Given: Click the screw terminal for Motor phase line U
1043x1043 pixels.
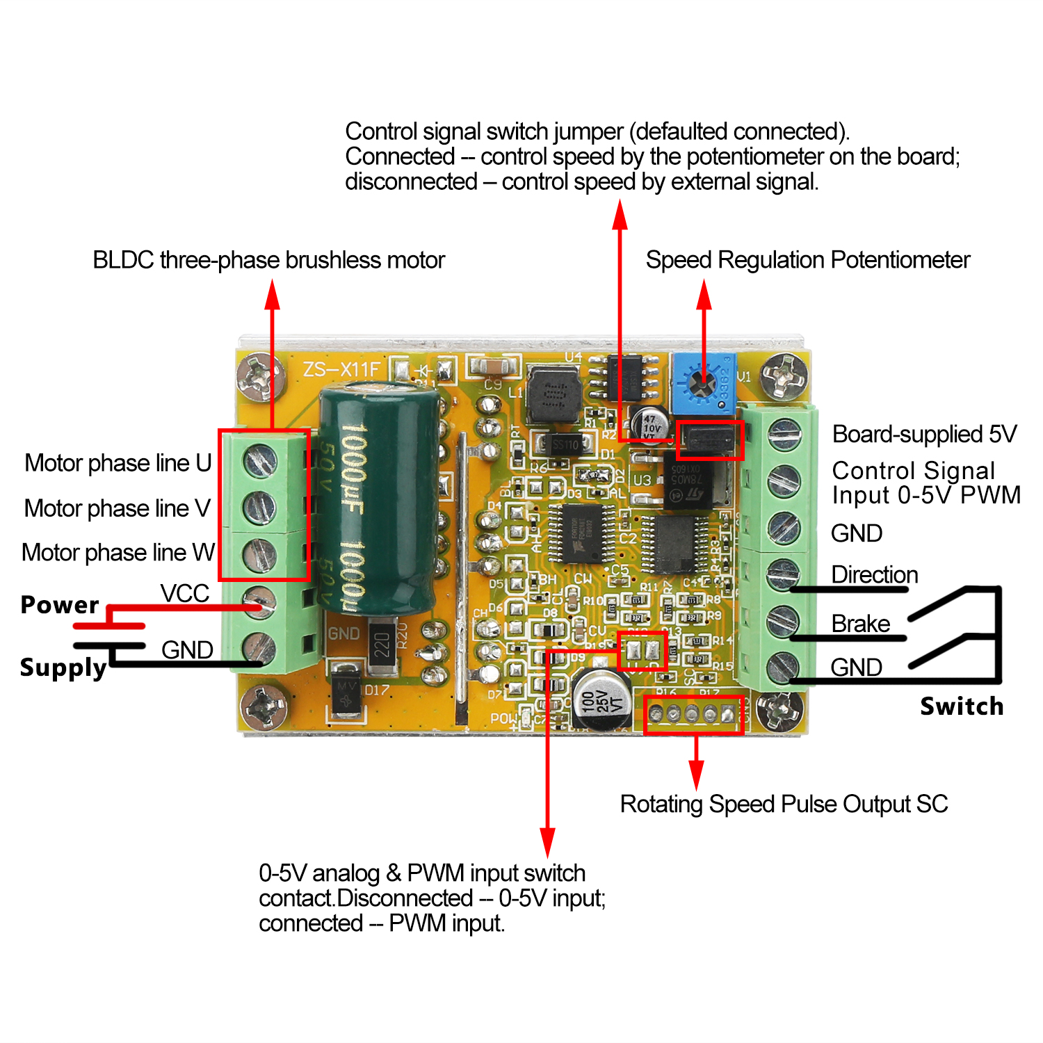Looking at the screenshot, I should pyautogui.click(x=260, y=460).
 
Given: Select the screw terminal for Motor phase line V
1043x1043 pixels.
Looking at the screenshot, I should pyautogui.click(x=260, y=507).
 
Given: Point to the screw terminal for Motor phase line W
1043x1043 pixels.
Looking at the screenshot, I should pyautogui.click(x=260, y=554).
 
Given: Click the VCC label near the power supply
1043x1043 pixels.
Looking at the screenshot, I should pyautogui.click(x=184, y=594).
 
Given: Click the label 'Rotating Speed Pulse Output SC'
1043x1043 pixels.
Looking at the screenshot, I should pyautogui.click(x=784, y=804).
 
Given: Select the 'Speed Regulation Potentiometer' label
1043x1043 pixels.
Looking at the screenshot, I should pyautogui.click(x=807, y=260).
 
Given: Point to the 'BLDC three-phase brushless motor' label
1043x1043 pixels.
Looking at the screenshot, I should pyautogui.click(x=268, y=260).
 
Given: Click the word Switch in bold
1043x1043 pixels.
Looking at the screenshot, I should pyautogui.click(x=962, y=706).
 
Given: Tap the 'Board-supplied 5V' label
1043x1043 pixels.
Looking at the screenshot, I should pyautogui.click(x=924, y=435).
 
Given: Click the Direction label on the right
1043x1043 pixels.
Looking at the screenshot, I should pyautogui.click(x=875, y=575).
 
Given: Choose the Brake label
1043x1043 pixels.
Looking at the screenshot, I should pyautogui.click(x=860, y=624).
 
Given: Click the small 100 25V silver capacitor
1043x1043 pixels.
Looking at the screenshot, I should pyautogui.click(x=601, y=700).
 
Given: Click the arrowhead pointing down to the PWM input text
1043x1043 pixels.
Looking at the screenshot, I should pyautogui.click(x=548, y=841).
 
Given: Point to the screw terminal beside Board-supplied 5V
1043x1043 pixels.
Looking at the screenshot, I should pyautogui.click(x=784, y=435).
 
